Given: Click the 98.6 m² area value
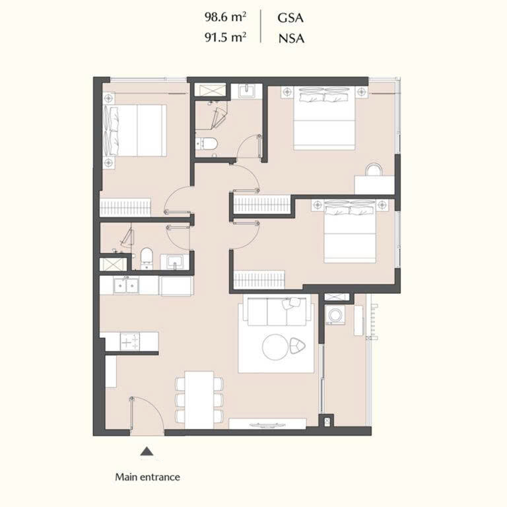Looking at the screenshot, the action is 225,17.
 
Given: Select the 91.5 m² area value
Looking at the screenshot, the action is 225,37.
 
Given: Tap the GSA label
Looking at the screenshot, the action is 290,18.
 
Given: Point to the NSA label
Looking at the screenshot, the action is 291,38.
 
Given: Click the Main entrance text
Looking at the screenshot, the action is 147,477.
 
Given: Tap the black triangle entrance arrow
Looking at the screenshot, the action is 147,452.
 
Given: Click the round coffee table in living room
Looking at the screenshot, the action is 275,347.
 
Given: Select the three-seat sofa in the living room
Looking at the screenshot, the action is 277,312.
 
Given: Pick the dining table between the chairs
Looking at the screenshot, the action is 199,400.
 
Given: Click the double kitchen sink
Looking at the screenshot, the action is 126,285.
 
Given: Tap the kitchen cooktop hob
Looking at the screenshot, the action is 129,341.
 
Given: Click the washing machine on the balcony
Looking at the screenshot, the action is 335,315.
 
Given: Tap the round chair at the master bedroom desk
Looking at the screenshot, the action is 374,170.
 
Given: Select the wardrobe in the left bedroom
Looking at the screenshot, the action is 125,207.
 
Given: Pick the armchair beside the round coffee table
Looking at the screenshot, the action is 297,346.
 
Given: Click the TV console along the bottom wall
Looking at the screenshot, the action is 267,424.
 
